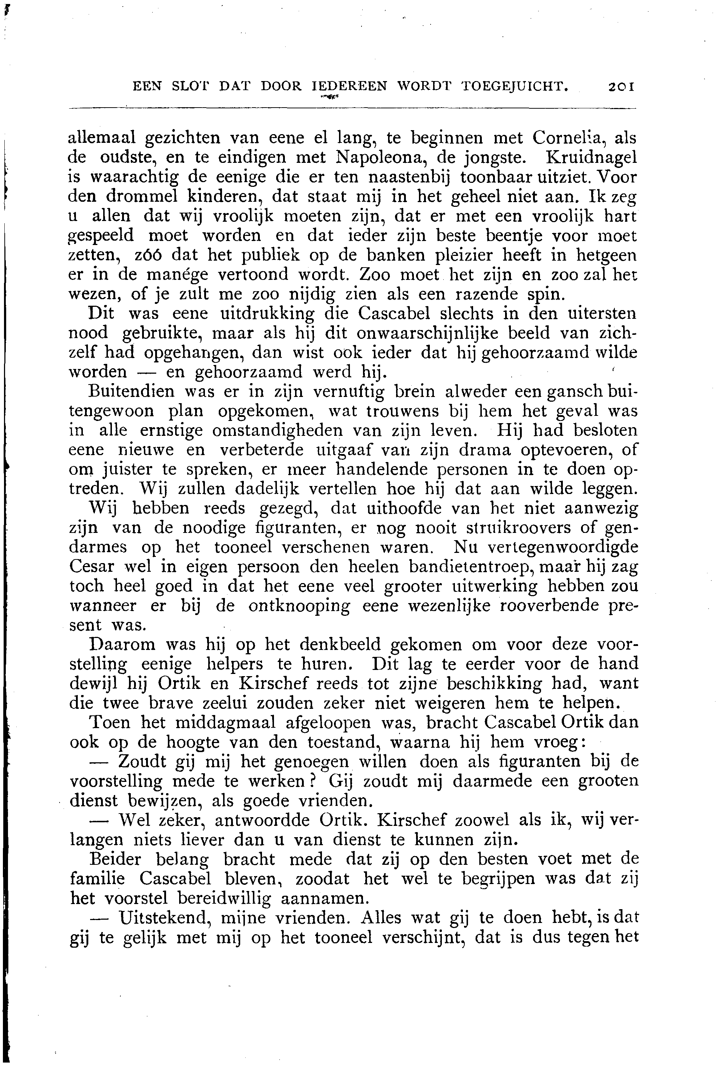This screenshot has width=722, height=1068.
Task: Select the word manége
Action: coord(177,274)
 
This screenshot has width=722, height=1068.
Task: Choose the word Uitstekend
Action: coord(165,918)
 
